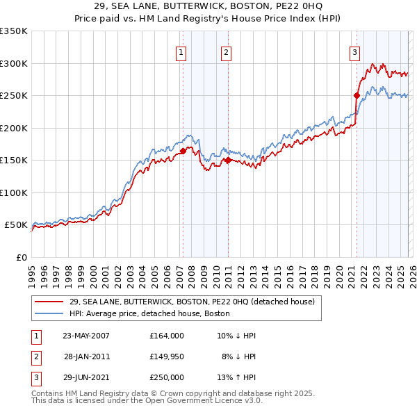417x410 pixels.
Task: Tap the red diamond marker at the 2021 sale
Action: coord(357,95)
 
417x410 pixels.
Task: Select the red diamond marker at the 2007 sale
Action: coord(183,151)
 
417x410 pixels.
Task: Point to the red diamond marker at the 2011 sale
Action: coord(228,160)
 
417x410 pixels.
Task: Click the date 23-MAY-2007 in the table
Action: coord(86,336)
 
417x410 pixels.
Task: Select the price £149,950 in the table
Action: coord(167,356)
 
